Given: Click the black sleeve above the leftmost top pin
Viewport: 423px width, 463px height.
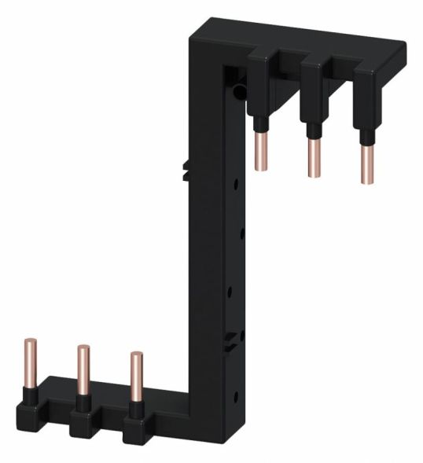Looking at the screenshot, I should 258,123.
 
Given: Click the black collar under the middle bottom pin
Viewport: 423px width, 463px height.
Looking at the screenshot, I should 82,399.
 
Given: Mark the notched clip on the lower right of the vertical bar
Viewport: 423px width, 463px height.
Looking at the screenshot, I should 231,340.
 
